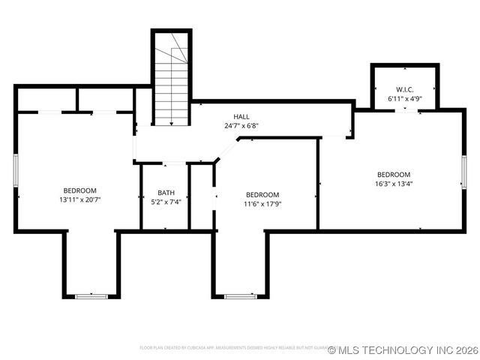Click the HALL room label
[241, 116]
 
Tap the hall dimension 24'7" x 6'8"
[241, 126]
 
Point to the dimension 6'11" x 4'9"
[404, 98]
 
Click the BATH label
[166, 192]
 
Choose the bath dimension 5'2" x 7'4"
[166, 202]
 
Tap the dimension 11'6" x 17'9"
[262, 204]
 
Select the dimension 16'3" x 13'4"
[394, 183]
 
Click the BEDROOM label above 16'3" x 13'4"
[394, 174]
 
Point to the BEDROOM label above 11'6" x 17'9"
[262, 194]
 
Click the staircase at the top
[171, 79]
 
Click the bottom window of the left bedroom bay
[91, 296]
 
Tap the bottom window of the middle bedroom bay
[241, 296]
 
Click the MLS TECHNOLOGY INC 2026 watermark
[403, 350]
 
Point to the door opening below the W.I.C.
[406, 110]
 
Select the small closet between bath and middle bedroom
[201, 196]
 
